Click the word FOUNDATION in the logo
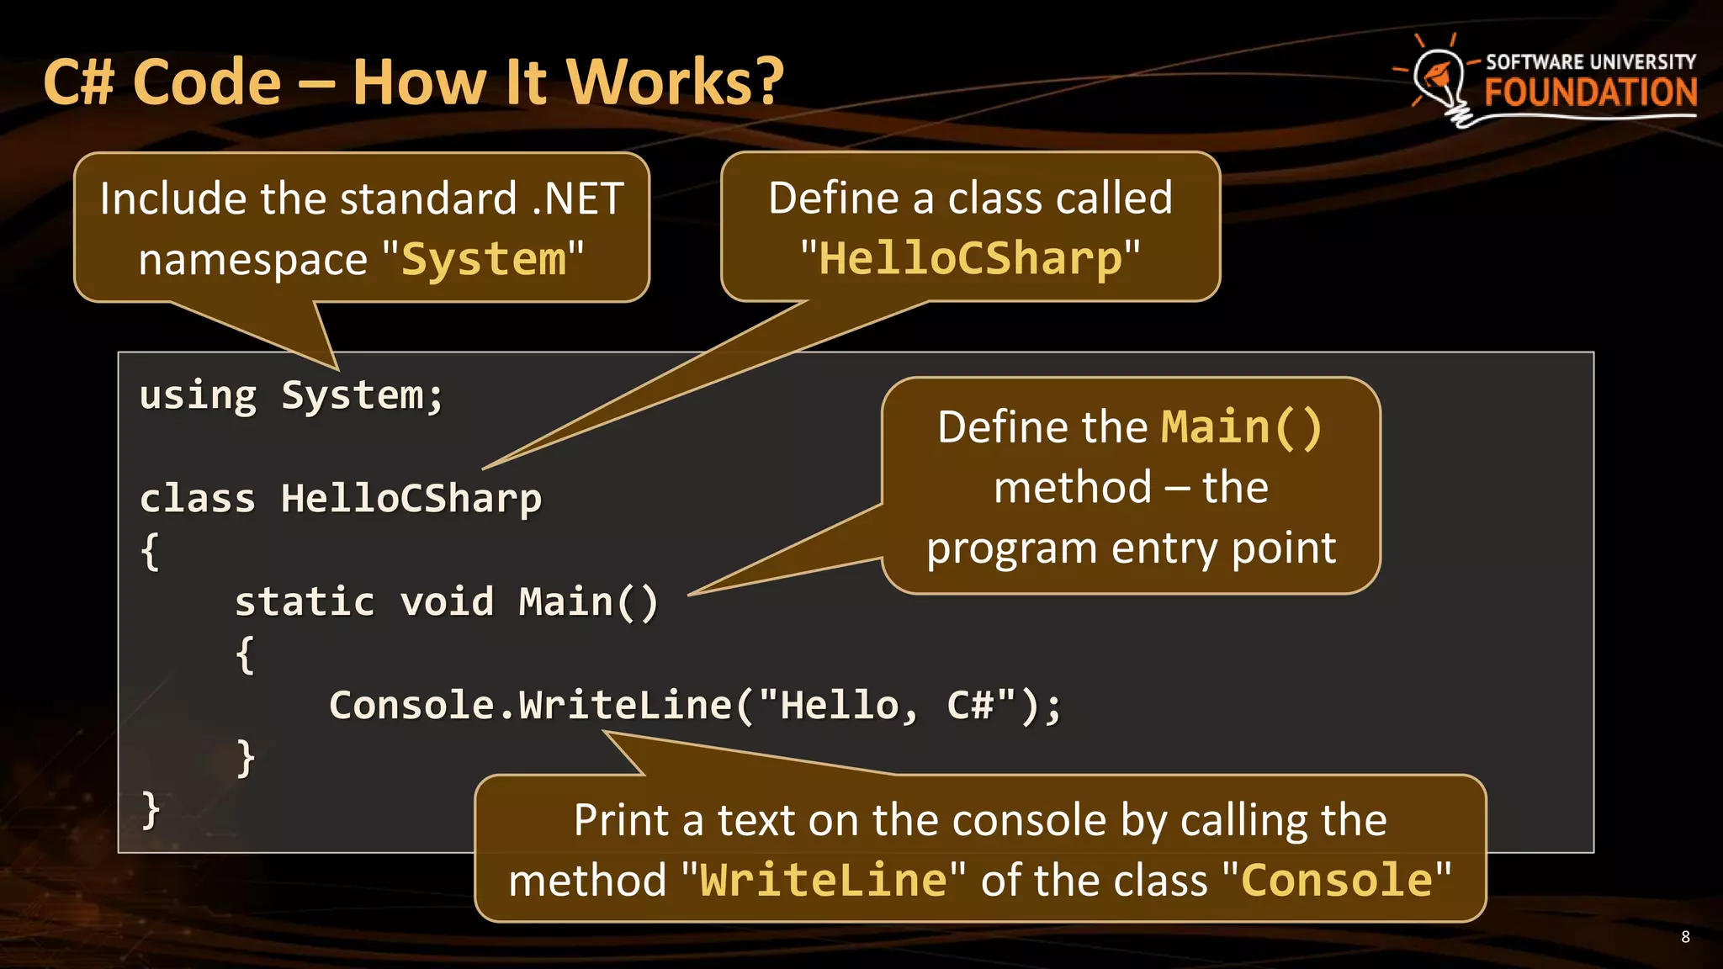(1590, 93)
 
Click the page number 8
(1685, 937)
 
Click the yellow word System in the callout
(484, 259)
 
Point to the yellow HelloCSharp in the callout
(970, 258)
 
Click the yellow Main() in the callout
(1241, 427)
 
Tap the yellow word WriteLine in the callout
(824, 881)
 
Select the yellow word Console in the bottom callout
(1337, 881)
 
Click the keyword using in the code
(198, 395)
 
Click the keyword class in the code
(198, 499)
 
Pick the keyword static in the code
(305, 602)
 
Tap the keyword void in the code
(447, 602)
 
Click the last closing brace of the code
(151, 810)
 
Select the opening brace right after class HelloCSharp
(150, 552)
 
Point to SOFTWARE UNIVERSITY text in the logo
(1590, 62)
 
